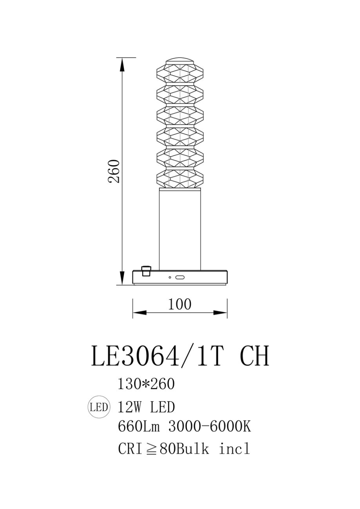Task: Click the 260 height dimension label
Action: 114,171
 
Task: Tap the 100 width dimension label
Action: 180,304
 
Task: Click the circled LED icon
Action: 99,407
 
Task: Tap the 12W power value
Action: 129,407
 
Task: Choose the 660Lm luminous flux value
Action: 139,427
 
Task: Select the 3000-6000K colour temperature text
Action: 210,427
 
